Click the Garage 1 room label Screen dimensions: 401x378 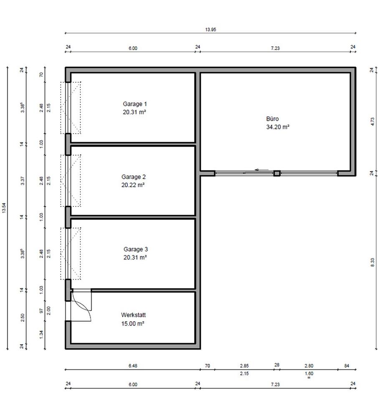pyautogui.click(x=134, y=104)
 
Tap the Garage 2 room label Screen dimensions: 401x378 pyautogui.click(x=133, y=177)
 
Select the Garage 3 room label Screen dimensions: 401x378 pyautogui.click(x=135, y=250)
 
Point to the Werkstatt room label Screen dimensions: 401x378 pyautogui.click(x=133, y=315)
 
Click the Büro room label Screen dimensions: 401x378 pyautogui.click(x=272, y=119)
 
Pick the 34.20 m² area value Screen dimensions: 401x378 pyautogui.click(x=278, y=127)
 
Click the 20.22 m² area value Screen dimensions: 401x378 pyautogui.click(x=133, y=185)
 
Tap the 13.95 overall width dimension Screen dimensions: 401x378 pyautogui.click(x=211, y=30)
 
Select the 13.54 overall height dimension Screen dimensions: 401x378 pyautogui.click(x=5, y=208)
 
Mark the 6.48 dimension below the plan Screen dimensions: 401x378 pyautogui.click(x=132, y=366)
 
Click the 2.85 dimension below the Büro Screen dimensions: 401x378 pyautogui.click(x=244, y=366)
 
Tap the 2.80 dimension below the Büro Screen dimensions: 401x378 pyautogui.click(x=309, y=366)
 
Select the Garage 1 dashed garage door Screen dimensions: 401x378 pyautogui.click(x=70, y=108)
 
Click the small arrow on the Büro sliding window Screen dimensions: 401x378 pyautogui.click(x=262, y=170)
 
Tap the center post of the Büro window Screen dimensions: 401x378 pyautogui.click(x=277, y=173)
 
